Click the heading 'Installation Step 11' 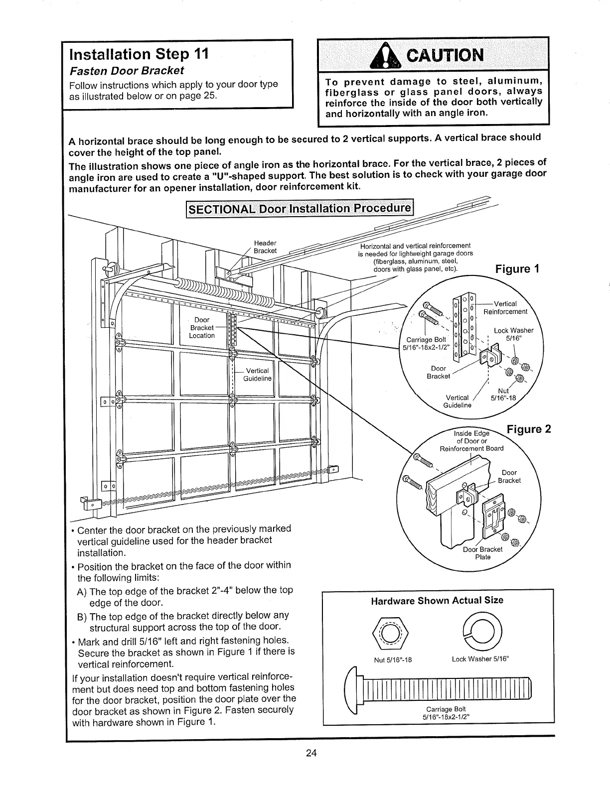click(x=139, y=53)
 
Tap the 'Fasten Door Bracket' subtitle click(x=127, y=70)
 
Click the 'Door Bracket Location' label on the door click(x=202, y=327)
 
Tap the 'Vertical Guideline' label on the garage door click(x=257, y=375)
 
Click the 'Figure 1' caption click(x=517, y=269)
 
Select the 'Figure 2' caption click(x=529, y=429)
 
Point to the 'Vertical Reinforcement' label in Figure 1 click(x=505, y=308)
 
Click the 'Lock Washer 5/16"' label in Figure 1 click(x=513, y=334)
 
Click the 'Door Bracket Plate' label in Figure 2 click(x=483, y=553)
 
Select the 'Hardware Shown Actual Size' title click(x=437, y=600)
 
